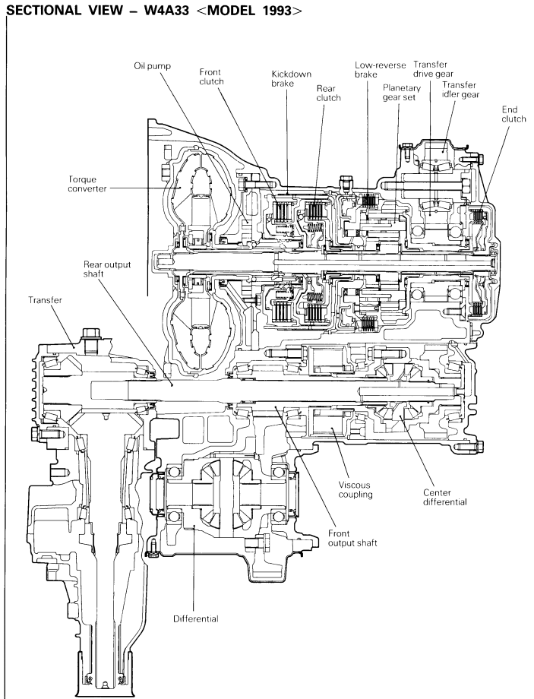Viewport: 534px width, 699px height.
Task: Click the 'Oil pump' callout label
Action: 153,66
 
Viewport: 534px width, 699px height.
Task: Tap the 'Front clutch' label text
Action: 211,77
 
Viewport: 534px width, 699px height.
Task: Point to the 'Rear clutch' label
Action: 328,93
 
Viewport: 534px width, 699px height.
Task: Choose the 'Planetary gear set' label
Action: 402,92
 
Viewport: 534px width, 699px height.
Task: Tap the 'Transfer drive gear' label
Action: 433,69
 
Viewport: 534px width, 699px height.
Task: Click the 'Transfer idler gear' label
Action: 460,90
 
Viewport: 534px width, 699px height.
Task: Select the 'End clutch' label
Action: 513,114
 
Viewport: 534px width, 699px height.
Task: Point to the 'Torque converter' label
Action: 88,184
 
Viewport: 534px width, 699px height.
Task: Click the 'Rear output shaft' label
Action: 107,269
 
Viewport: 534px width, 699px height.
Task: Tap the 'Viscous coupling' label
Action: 355,489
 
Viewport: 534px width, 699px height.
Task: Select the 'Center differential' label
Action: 445,498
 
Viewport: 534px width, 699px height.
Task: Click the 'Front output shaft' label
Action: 352,538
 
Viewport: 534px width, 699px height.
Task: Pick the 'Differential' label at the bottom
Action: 196,618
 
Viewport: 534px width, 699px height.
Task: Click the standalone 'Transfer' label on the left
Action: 45,300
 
